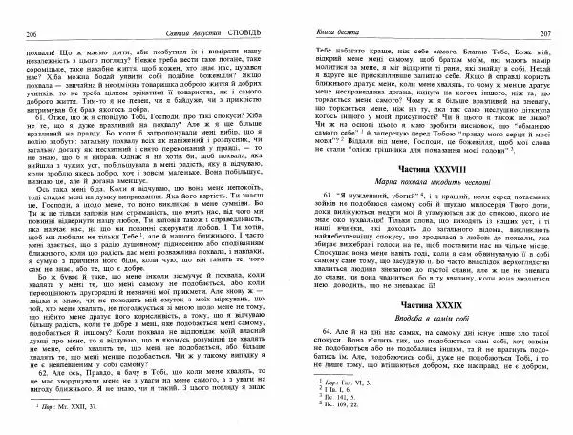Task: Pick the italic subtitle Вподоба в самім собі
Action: pyautogui.click(x=420, y=315)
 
